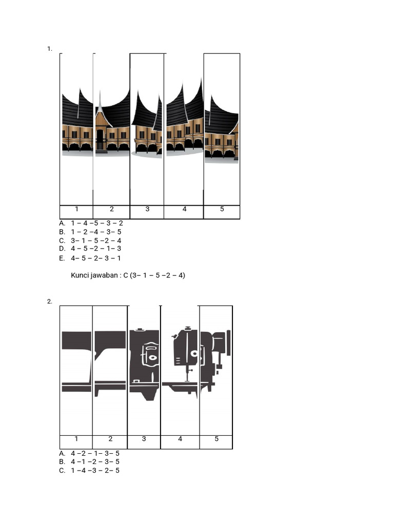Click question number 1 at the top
point(49,49)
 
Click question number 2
point(49,301)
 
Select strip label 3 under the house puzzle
point(147,209)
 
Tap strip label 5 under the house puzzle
point(222,209)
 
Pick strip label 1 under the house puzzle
point(76,209)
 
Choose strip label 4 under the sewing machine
point(180,439)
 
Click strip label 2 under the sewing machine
point(110,439)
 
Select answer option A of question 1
point(62,223)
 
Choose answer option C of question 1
point(62,240)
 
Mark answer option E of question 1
point(62,258)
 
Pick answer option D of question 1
point(62,249)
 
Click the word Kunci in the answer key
point(80,275)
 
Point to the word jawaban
point(105,276)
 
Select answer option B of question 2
point(62,461)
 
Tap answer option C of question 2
point(62,470)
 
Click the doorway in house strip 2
point(100,139)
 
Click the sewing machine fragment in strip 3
point(145,361)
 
